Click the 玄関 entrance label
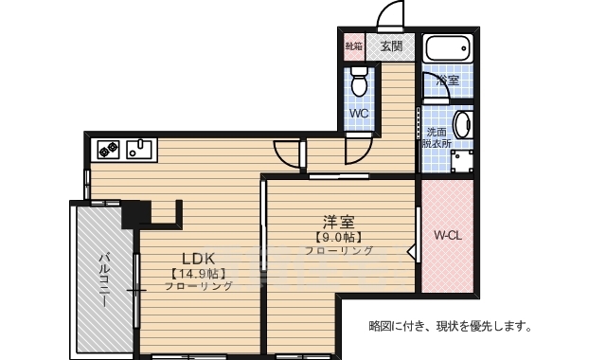tap(392, 45)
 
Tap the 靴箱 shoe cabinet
tap(353, 45)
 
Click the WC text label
tap(359, 114)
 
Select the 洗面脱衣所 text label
tap(437, 137)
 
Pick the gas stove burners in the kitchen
tap(106, 148)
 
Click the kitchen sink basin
tap(140, 148)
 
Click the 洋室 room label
tap(338, 222)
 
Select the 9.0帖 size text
tap(338, 237)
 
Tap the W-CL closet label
tap(447, 234)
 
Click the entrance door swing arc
tap(389, 17)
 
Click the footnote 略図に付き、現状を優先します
tap(450, 327)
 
